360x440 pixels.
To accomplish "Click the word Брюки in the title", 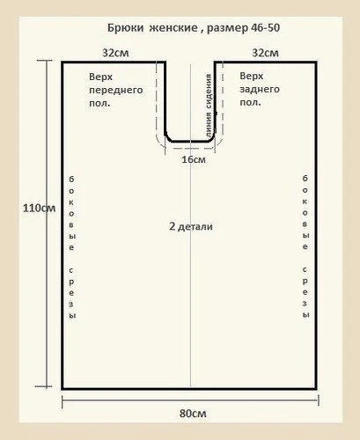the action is [x=125, y=28].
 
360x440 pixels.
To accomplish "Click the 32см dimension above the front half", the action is [x=115, y=53].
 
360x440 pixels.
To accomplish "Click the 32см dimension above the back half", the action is [x=265, y=53].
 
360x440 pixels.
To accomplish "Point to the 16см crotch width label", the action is [x=194, y=159].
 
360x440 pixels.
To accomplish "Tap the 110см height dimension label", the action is [x=40, y=209].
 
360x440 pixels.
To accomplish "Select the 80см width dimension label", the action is [x=193, y=414].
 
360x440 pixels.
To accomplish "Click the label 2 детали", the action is [x=191, y=226].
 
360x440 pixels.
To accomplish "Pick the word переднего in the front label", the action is [x=116, y=91].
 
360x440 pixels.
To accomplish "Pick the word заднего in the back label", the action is [x=260, y=90].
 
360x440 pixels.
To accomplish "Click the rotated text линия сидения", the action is [x=209, y=106].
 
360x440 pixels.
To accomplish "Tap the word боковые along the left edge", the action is [x=71, y=213].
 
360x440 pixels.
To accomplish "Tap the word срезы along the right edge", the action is [x=305, y=292].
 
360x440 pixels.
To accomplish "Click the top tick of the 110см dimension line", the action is [x=45, y=61].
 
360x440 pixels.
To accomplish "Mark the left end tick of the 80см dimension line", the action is [x=62, y=401].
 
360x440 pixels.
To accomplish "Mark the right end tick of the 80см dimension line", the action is [x=319, y=400].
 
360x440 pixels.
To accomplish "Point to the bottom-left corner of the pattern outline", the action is [x=62, y=389].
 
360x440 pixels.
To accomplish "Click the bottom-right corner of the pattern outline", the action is [x=316, y=389].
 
